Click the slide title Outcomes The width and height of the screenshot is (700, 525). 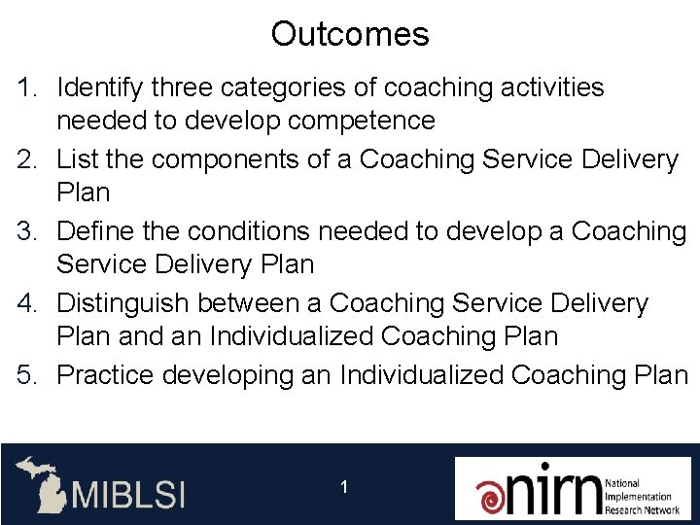point(349,35)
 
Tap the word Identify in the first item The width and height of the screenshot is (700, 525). point(97,88)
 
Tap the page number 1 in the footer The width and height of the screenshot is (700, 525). point(344,486)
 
